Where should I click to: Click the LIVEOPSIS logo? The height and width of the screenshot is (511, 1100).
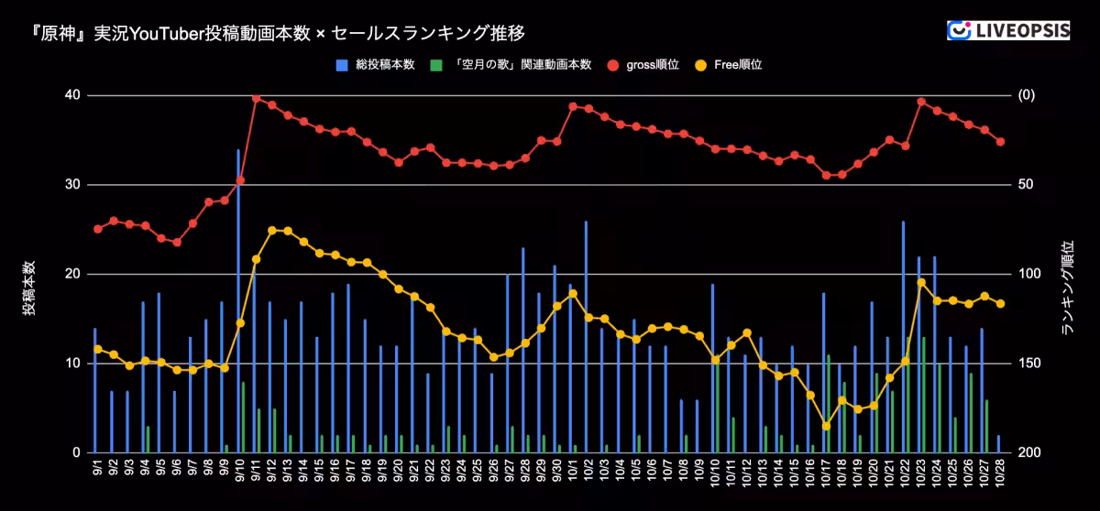pos(1007,30)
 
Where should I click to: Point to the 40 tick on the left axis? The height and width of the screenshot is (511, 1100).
pos(71,95)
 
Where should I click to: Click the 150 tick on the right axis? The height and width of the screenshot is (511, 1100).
pos(1029,364)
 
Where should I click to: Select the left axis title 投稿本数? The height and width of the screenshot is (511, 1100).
pos(30,288)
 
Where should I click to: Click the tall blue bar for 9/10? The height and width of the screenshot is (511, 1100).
pos(238,302)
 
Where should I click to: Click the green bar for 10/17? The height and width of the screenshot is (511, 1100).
pos(829,404)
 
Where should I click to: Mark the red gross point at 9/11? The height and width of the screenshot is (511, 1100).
pos(256,97)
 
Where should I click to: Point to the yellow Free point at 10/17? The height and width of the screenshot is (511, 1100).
pos(826,426)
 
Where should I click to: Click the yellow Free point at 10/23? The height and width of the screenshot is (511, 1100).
pos(921,282)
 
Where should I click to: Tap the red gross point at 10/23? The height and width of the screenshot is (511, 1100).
pos(921,102)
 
